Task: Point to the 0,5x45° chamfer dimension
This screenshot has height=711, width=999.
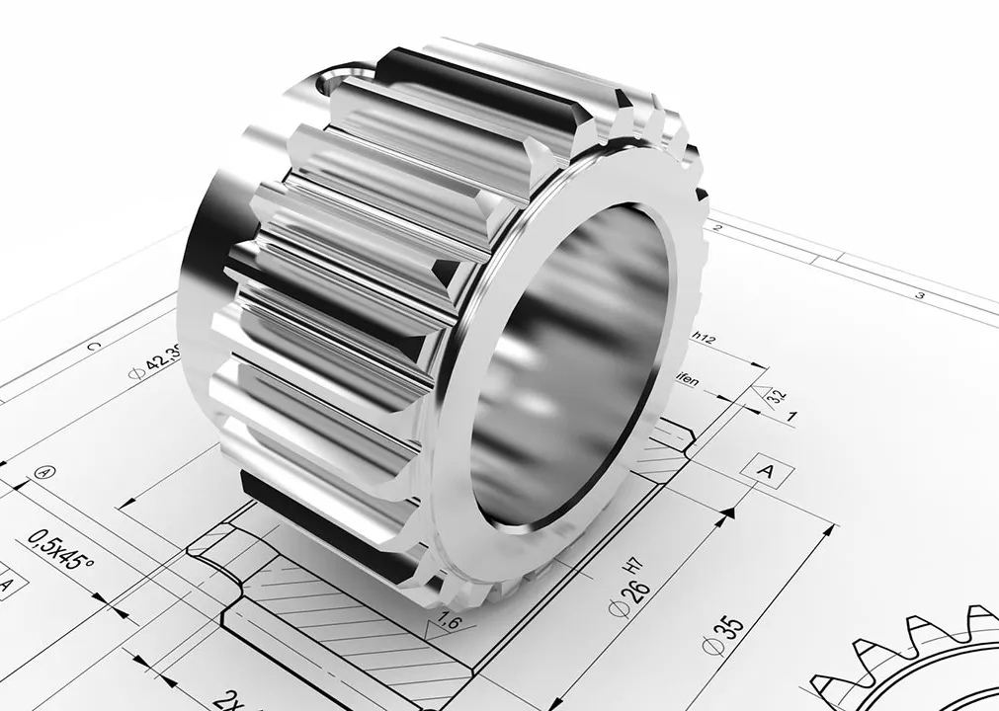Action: (x=60, y=551)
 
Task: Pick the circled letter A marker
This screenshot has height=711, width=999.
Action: (x=42, y=472)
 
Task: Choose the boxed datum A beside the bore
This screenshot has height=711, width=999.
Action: (x=765, y=472)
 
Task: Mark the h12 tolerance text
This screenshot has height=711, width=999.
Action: (x=703, y=337)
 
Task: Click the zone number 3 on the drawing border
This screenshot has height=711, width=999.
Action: (x=918, y=294)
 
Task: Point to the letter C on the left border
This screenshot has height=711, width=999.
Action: (x=94, y=346)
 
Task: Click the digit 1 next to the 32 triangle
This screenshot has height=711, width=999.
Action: (x=791, y=416)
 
